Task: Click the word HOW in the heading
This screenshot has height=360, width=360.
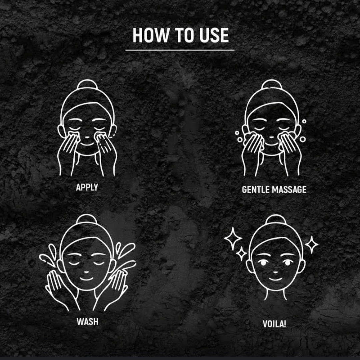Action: click(150, 35)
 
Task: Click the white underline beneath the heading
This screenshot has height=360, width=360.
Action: click(180, 50)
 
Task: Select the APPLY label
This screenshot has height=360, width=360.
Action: click(87, 187)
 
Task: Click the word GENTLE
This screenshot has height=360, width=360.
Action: click(256, 190)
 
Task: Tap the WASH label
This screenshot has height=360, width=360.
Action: click(87, 321)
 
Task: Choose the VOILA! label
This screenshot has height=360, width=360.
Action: click(274, 324)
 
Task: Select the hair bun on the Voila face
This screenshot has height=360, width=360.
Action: click(276, 219)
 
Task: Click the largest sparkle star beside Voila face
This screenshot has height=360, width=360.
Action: click(233, 239)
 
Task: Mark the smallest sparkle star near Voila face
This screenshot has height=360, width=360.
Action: click(241, 253)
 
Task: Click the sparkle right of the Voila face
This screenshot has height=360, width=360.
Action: click(312, 245)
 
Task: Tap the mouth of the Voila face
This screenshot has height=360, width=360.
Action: click(276, 279)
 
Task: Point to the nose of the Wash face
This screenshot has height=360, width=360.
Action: click(86, 272)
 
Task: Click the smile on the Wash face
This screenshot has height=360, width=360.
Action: click(86, 279)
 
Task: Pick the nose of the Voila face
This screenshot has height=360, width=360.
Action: click(276, 273)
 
